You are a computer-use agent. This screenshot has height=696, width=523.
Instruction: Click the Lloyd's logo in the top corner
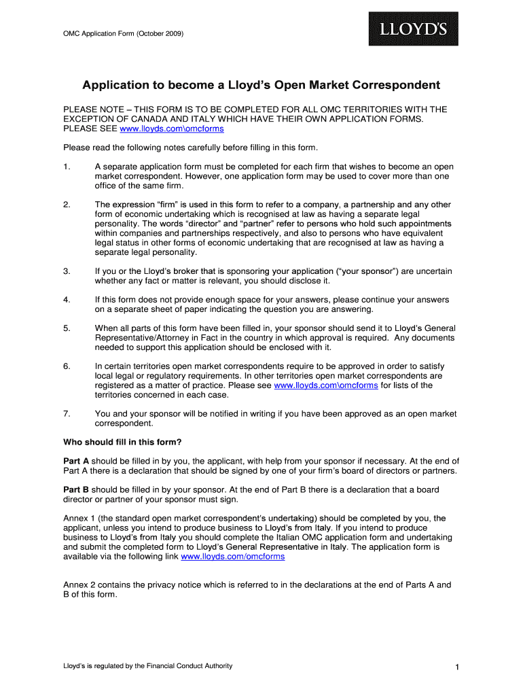(413, 29)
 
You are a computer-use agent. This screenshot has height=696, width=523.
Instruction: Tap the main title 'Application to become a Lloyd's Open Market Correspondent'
(261, 86)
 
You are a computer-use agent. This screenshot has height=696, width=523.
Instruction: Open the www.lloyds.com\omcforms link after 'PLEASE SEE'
(172, 128)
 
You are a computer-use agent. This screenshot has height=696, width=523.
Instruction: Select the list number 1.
(67, 167)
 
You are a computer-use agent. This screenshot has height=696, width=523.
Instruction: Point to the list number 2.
(67, 205)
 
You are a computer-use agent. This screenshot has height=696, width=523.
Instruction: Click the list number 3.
(67, 271)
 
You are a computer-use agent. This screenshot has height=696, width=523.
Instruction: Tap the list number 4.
(67, 300)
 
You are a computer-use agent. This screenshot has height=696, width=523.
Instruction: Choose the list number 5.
(67, 328)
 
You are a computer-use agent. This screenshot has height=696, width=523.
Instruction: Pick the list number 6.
(67, 366)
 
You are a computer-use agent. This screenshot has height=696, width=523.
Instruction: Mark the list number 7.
(67, 414)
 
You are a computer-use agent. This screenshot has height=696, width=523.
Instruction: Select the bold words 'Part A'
(76, 462)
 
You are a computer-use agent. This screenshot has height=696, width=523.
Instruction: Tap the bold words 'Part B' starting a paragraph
(76, 490)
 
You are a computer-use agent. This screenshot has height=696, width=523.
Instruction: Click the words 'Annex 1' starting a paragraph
(79, 519)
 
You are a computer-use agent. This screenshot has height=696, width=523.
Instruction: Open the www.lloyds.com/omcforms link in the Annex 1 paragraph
(233, 557)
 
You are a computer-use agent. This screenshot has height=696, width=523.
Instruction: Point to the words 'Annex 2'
(79, 585)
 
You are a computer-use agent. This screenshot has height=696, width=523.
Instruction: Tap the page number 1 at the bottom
(458, 668)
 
